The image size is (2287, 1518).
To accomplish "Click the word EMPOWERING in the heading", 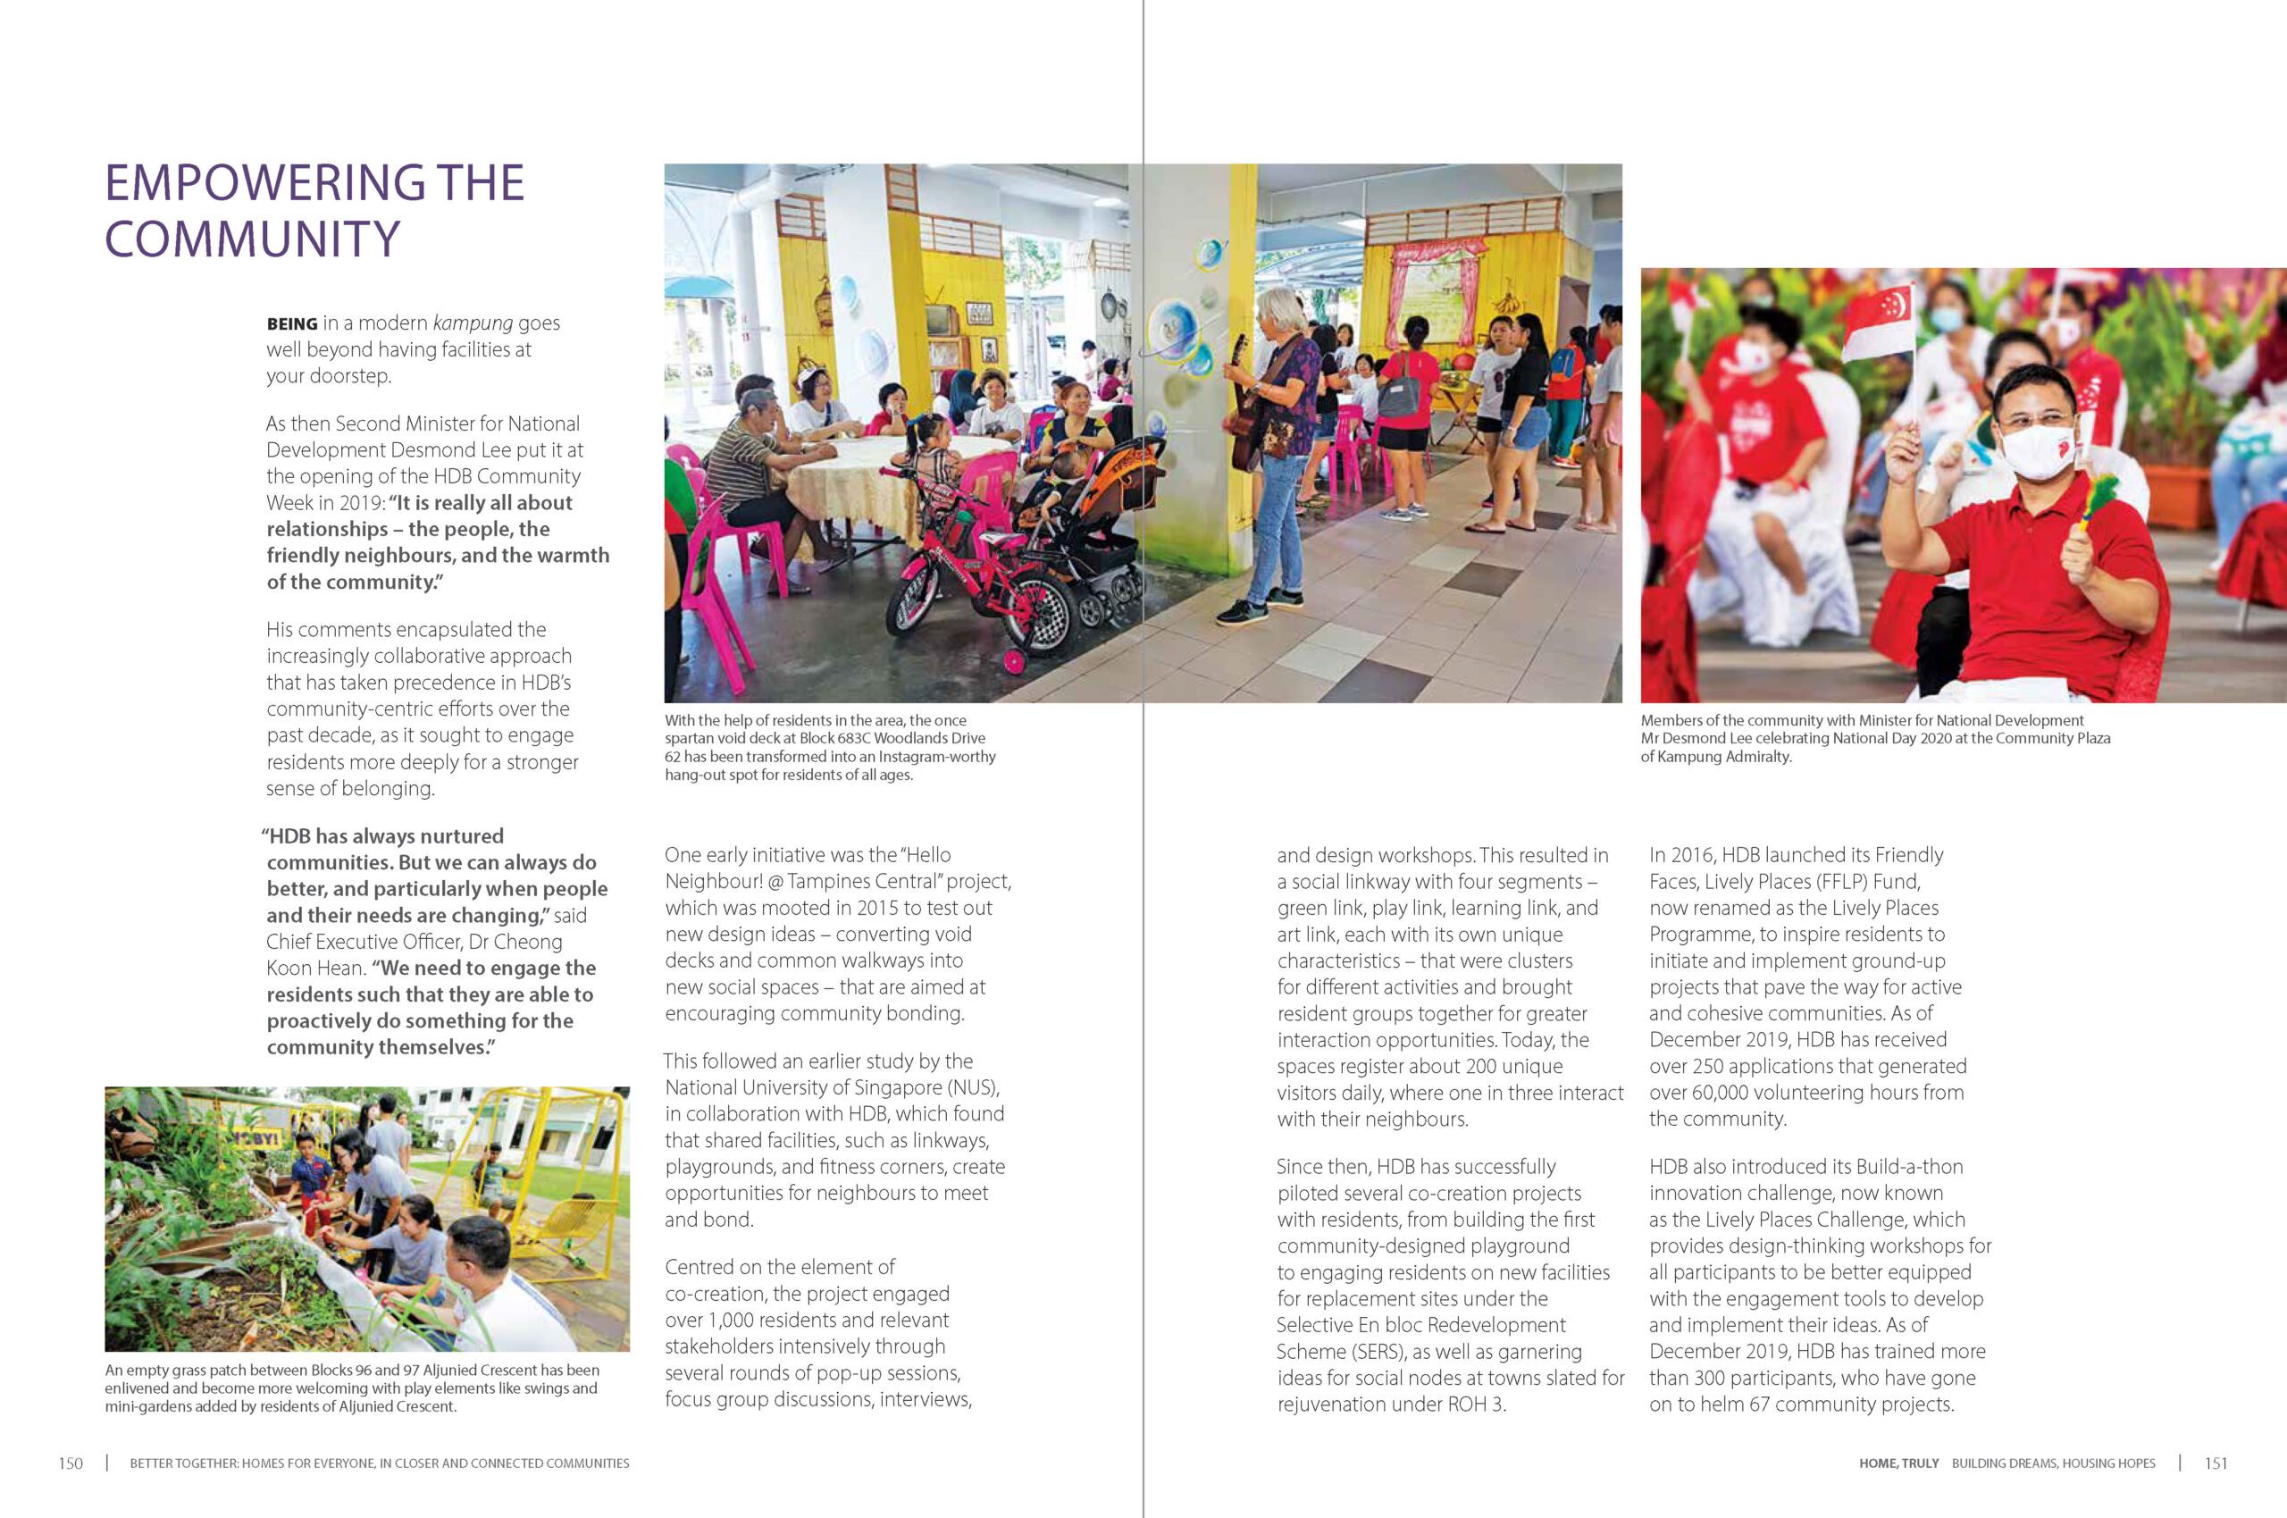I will [264, 183].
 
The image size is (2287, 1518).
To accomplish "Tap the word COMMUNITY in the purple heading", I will [252, 239].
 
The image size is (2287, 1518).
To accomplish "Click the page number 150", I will [71, 1463].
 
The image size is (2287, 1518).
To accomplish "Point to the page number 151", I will [2216, 1463].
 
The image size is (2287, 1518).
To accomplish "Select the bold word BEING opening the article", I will [291, 324].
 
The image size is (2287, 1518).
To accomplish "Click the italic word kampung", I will [473, 323].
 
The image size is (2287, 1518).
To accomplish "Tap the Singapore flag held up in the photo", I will [1877, 323].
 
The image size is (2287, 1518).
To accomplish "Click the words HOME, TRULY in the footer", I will [1897, 1463].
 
